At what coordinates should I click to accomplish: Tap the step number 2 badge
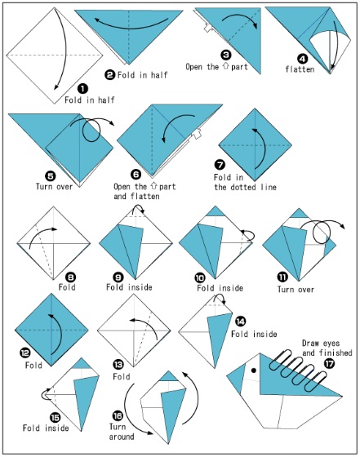[109, 75]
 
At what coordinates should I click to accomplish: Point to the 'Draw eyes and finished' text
[319, 348]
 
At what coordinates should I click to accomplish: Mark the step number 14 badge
[239, 322]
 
